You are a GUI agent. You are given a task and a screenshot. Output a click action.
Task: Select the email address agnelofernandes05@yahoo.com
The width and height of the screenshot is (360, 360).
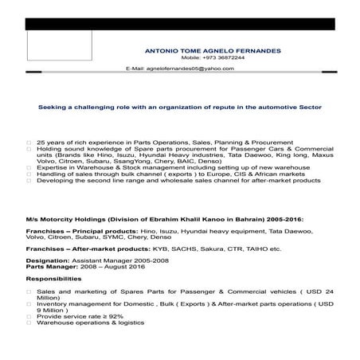(x=190, y=69)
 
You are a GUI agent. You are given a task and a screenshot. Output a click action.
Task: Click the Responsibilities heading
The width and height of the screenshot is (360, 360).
(x=53, y=280)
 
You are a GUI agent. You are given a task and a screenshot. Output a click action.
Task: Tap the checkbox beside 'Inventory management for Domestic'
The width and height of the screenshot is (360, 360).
(x=29, y=303)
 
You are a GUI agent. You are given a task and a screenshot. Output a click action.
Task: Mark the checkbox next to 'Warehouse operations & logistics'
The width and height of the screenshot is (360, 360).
(x=29, y=323)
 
